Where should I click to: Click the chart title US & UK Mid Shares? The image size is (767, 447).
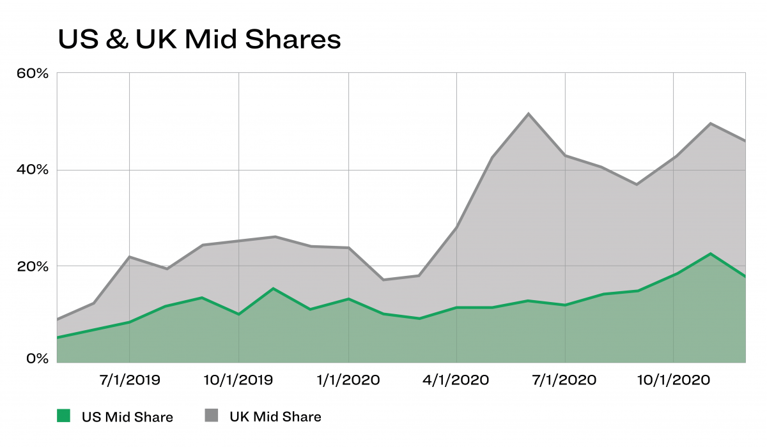[x=199, y=40]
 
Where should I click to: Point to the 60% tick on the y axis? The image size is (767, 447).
[x=33, y=73]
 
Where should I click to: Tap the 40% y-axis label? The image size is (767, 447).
[x=33, y=170]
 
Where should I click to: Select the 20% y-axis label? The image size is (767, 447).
[x=33, y=266]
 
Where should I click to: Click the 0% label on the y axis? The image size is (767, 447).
[x=36, y=359]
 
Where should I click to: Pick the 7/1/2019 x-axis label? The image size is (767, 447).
[x=130, y=381]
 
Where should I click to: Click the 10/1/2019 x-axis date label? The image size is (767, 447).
[x=238, y=381]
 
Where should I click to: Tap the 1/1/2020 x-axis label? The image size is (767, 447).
[x=348, y=381]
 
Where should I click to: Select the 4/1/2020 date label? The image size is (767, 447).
[x=457, y=381]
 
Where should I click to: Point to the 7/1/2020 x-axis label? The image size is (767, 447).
[x=566, y=381]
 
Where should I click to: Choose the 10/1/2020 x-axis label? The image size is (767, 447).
[x=674, y=381]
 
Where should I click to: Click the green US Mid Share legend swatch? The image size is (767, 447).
[x=63, y=416]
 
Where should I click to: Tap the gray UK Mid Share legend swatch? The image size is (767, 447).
[x=212, y=416]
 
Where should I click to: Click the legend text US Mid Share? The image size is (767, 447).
[x=127, y=417]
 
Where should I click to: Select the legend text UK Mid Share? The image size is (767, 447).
[x=275, y=417]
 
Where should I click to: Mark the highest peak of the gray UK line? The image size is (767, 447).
[x=529, y=114]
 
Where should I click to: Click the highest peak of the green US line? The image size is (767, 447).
[x=711, y=254]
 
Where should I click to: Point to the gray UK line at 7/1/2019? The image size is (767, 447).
[x=130, y=257]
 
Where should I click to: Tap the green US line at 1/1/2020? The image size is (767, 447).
[x=348, y=299]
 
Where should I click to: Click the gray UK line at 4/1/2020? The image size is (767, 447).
[x=457, y=227]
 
